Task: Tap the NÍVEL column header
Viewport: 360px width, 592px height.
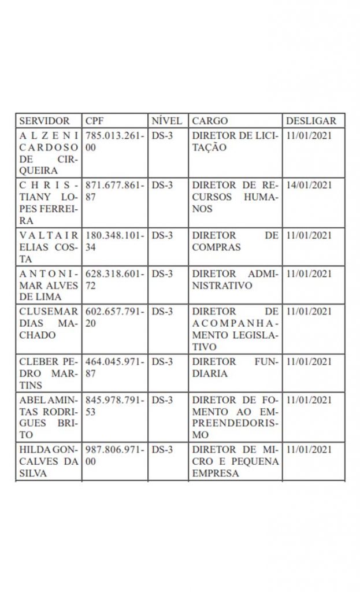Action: point(166,121)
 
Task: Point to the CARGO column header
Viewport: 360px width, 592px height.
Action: point(210,121)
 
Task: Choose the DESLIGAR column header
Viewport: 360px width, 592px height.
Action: point(311,121)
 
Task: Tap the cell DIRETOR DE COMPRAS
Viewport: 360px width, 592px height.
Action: point(235,241)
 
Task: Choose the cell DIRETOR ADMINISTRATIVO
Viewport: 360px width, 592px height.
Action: point(235,279)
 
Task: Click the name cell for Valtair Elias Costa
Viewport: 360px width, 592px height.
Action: point(48,247)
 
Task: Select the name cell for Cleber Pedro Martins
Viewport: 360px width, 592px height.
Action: point(48,373)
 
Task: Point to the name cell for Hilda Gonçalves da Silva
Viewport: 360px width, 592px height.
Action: point(48,461)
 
